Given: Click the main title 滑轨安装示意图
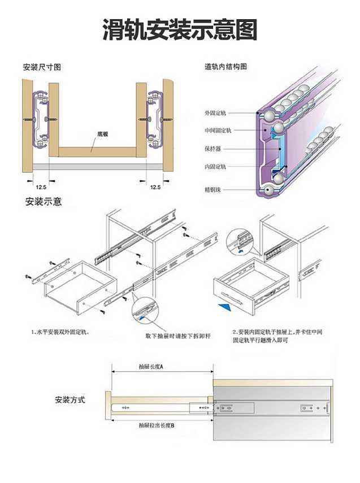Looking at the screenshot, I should [x=180, y=29].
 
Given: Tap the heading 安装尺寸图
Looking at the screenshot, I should [x=42, y=67].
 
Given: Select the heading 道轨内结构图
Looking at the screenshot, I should [x=226, y=67].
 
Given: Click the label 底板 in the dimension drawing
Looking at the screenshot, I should [x=102, y=134].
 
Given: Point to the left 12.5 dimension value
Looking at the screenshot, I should [x=41, y=186].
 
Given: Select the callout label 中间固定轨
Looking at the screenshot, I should [x=218, y=130].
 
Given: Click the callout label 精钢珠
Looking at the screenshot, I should [x=213, y=189].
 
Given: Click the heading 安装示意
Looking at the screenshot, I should [x=44, y=202].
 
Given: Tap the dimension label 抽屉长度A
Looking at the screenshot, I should [x=151, y=367].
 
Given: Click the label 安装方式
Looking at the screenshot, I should [x=70, y=399].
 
